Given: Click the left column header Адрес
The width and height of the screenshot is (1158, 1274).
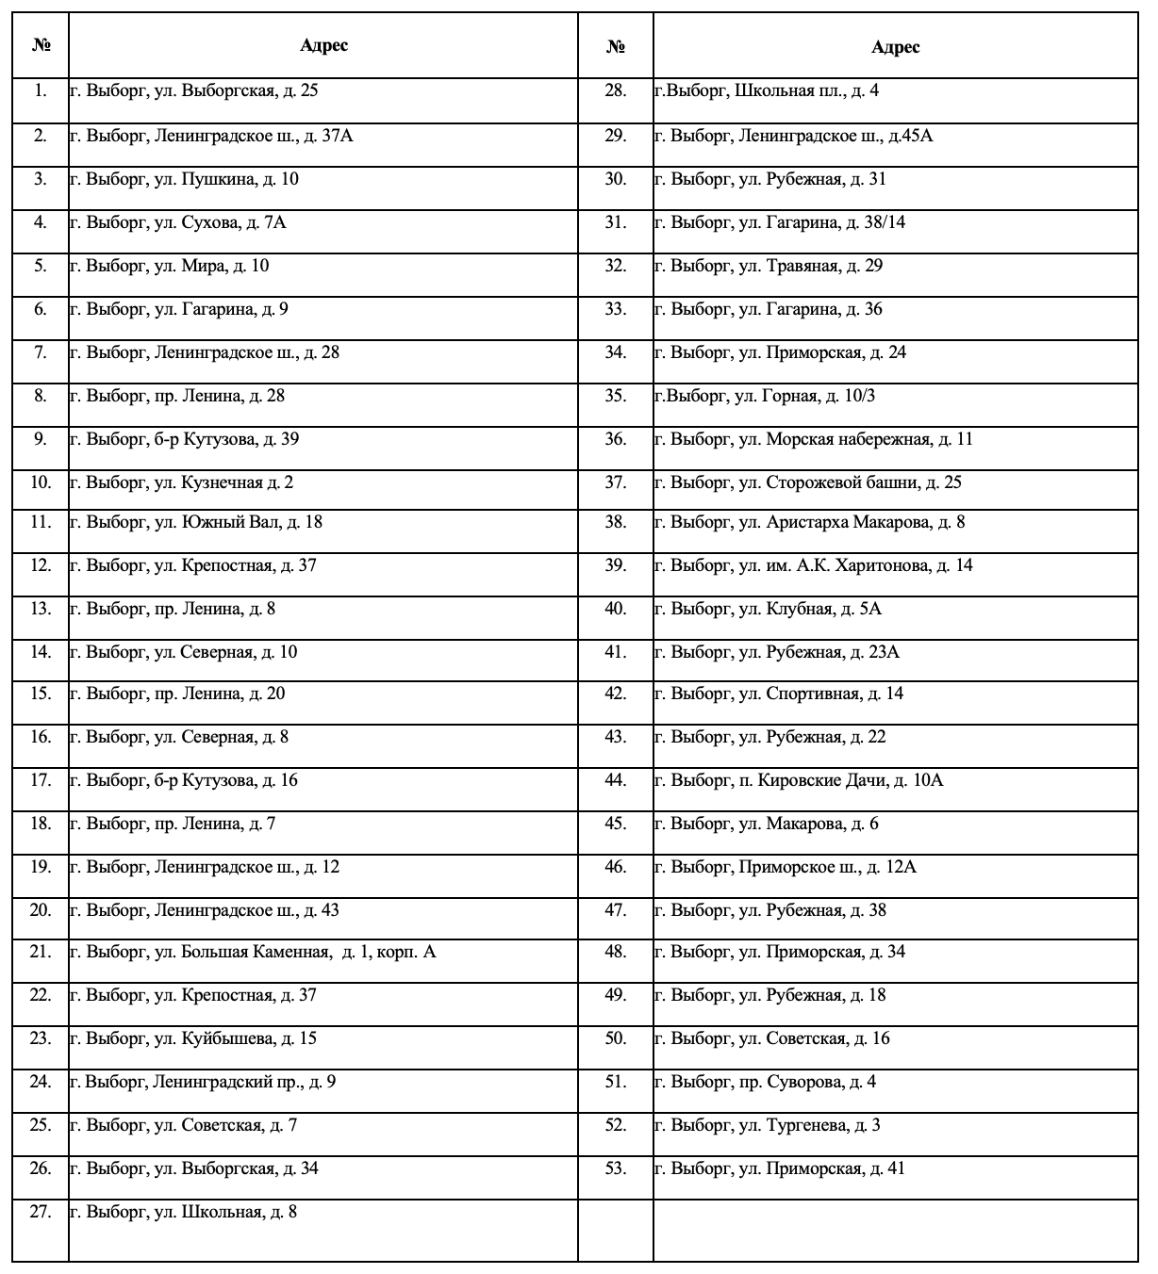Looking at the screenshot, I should [x=323, y=45].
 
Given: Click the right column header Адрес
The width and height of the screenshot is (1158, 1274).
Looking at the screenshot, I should [x=895, y=47].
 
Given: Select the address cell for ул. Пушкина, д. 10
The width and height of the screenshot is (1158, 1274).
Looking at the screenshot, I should [x=184, y=179].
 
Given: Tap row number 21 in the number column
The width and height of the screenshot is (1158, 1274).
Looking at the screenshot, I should [x=41, y=952].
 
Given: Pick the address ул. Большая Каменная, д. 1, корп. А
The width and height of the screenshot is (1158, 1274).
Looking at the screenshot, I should [x=253, y=952].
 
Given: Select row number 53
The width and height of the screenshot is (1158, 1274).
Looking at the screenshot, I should [x=616, y=1168].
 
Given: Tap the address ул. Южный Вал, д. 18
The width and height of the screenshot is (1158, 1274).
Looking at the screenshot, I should [x=196, y=522].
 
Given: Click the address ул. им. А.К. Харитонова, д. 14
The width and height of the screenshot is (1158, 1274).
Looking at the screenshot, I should [x=813, y=565].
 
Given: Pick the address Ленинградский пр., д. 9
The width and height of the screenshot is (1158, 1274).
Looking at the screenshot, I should [x=203, y=1082].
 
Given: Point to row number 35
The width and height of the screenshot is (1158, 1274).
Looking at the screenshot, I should [x=616, y=396].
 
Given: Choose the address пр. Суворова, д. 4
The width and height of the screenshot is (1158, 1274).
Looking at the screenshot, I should [x=765, y=1082].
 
